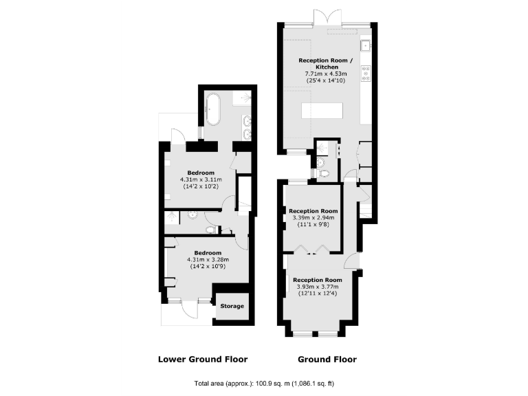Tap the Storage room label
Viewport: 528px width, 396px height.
tap(232, 306)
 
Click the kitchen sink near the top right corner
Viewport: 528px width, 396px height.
tap(366, 47)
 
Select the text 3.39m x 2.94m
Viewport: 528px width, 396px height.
tap(313, 217)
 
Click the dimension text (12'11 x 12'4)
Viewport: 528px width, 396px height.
tap(317, 294)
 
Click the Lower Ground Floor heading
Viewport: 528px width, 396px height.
tap(203, 359)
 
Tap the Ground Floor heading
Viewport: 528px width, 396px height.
tap(327, 359)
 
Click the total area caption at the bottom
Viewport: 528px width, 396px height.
tap(264, 383)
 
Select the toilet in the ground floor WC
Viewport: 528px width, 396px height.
tap(324, 173)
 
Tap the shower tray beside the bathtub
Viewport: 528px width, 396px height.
tap(241, 100)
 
